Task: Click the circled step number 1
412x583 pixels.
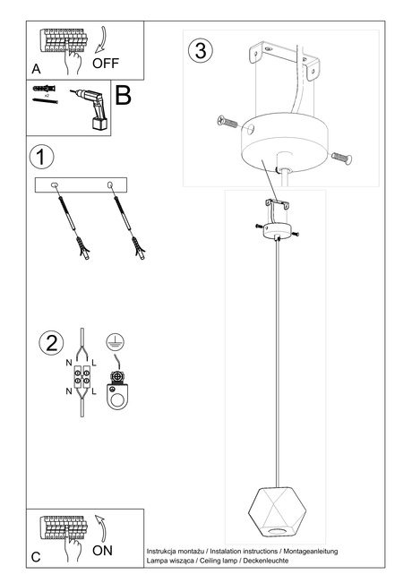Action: (x=41, y=158)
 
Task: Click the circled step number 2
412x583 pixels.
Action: (x=51, y=343)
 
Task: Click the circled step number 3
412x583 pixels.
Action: (x=201, y=51)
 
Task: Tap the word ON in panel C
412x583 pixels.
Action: (x=103, y=551)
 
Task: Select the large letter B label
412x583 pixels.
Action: (x=124, y=97)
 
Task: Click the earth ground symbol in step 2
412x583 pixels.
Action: (x=114, y=341)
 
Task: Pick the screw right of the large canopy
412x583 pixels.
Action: (x=340, y=159)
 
